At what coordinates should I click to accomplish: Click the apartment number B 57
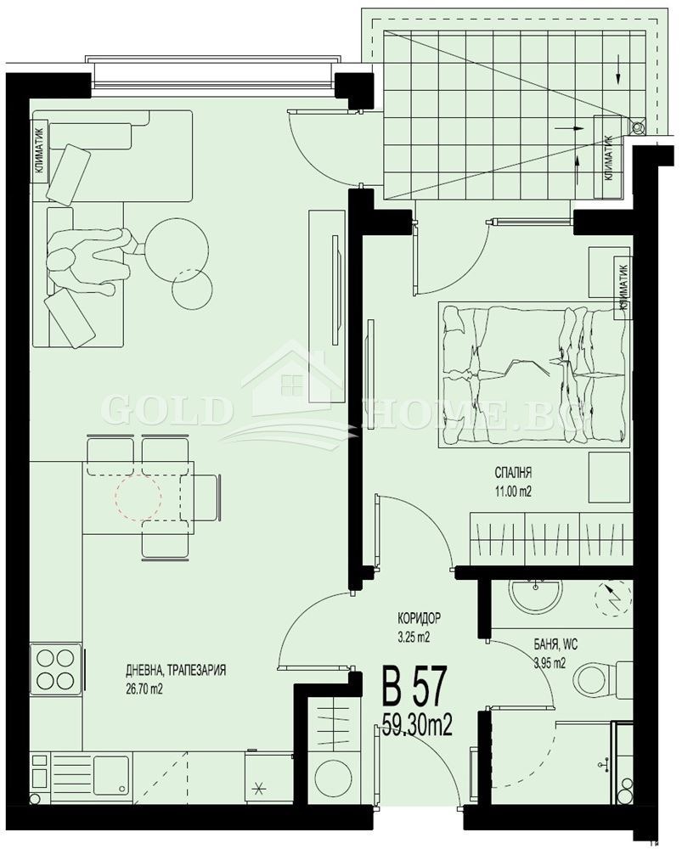(415, 685)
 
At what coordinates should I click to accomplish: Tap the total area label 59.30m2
(417, 723)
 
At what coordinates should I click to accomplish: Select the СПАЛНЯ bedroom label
(513, 473)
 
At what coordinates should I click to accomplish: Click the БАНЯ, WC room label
(555, 644)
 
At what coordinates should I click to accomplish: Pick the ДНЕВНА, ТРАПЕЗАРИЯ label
(176, 671)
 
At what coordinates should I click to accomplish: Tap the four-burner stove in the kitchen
(56, 668)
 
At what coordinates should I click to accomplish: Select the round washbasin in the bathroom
(536, 594)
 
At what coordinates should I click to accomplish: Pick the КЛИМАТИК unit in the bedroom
(623, 285)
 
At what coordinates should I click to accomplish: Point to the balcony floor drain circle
(639, 127)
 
